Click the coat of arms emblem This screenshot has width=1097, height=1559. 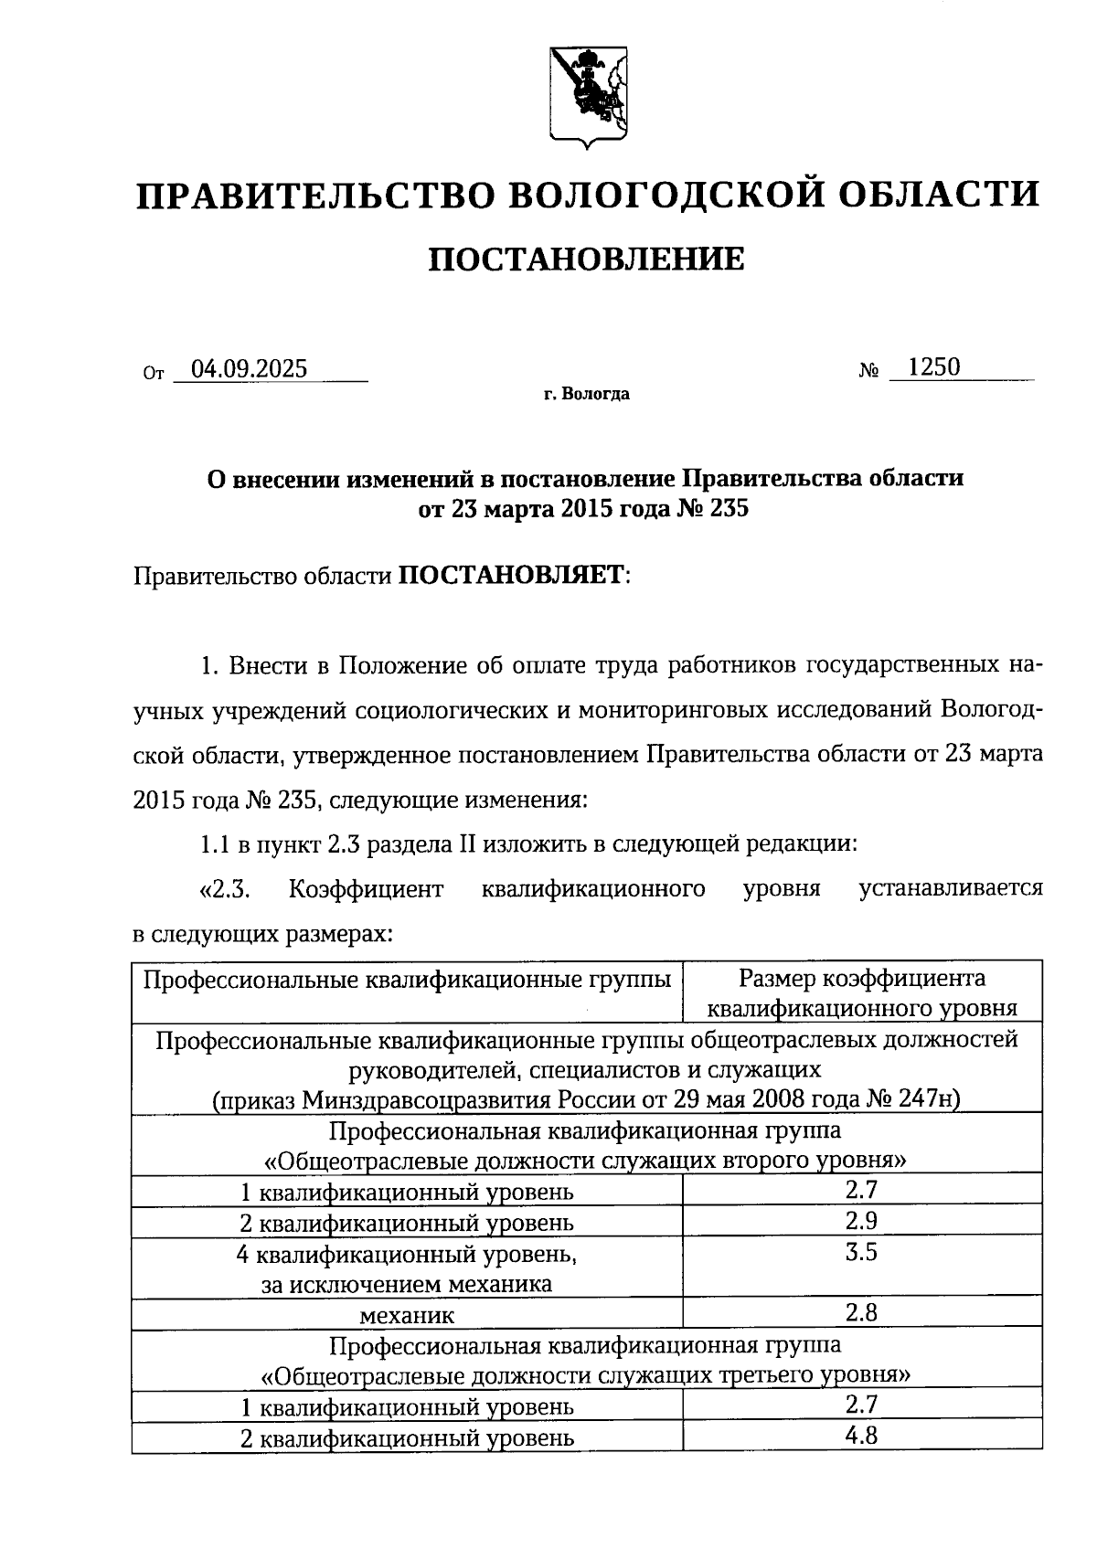587,92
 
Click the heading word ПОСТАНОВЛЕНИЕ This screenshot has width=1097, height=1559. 587,260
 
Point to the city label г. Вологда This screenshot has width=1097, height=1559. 586,395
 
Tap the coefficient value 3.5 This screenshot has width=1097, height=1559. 861,1252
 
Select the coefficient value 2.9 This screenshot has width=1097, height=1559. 861,1221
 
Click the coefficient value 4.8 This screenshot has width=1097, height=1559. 861,1436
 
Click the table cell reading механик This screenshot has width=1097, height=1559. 407,1315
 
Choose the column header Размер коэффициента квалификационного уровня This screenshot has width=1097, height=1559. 862,993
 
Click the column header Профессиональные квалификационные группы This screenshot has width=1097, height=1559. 407,980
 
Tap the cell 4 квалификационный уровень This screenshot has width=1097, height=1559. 407,1255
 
